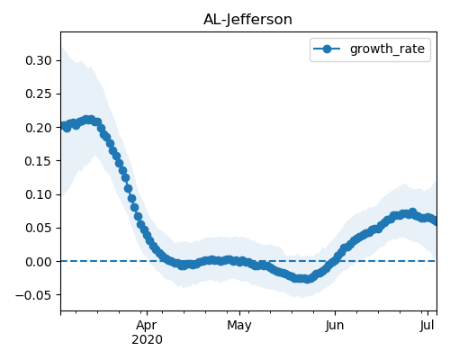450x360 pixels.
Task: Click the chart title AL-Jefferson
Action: (247, 20)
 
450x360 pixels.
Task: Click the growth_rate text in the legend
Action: (387, 49)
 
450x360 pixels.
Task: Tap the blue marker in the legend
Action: (327, 49)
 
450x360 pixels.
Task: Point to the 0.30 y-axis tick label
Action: (39, 60)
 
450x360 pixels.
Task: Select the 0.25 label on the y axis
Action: (39, 94)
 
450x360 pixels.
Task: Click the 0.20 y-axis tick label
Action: (39, 128)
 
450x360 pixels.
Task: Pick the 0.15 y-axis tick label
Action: (39, 161)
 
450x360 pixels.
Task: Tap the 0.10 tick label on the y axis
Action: (39, 194)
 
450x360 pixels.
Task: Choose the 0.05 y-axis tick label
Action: (39, 228)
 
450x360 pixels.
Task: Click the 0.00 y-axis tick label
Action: (39, 262)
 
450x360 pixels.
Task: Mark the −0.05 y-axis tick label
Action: (33, 295)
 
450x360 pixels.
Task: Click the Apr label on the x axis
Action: (147, 326)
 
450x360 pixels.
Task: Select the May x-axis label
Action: (239, 326)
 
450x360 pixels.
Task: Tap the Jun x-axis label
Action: (335, 326)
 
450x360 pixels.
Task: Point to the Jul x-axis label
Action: (427, 326)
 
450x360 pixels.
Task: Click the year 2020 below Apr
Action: (147, 340)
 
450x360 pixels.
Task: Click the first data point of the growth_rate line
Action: (62, 125)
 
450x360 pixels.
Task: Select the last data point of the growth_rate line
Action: (435, 221)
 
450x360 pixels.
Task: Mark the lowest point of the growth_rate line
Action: (307, 279)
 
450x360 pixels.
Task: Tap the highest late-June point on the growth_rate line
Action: (413, 212)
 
